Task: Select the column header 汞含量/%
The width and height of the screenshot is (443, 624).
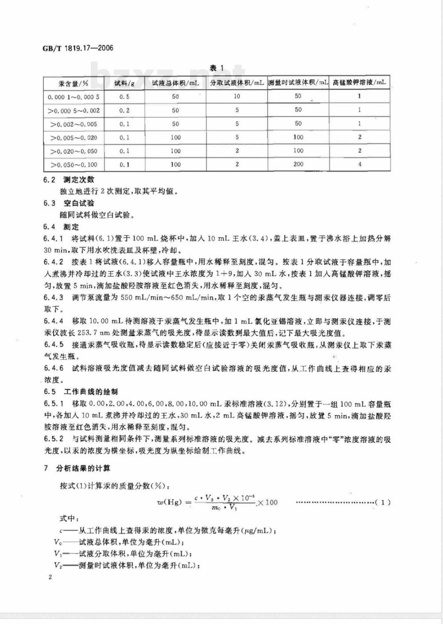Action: pos(73,83)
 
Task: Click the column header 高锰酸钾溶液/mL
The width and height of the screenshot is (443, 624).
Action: pos(359,83)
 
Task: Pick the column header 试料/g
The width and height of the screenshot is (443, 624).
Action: pos(124,83)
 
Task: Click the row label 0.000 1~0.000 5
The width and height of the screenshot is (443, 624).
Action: pos(73,97)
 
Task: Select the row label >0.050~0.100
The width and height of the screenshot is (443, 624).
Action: pos(74,165)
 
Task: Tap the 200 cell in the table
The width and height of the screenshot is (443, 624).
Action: pos(298,164)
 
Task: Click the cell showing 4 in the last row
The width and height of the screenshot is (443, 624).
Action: pos(359,164)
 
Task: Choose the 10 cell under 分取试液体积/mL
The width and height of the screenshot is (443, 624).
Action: pos(237,96)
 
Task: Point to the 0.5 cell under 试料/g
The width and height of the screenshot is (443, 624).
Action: pos(124,97)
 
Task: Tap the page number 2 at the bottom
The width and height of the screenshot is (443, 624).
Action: pos(50,577)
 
